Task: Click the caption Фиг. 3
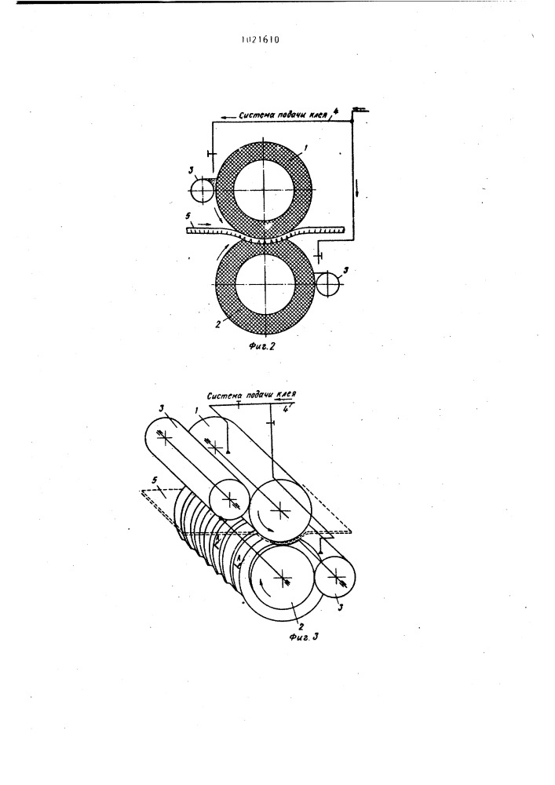304,637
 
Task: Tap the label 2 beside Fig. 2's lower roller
217,323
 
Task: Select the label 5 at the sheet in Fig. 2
187,217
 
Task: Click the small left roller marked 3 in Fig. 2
202,190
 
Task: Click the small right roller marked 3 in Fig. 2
327,284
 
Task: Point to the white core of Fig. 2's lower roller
265,284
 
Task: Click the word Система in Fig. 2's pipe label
257,114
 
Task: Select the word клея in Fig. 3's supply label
286,394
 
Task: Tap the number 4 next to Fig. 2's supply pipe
335,112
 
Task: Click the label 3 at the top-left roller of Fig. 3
161,409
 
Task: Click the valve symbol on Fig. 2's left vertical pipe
210,154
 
